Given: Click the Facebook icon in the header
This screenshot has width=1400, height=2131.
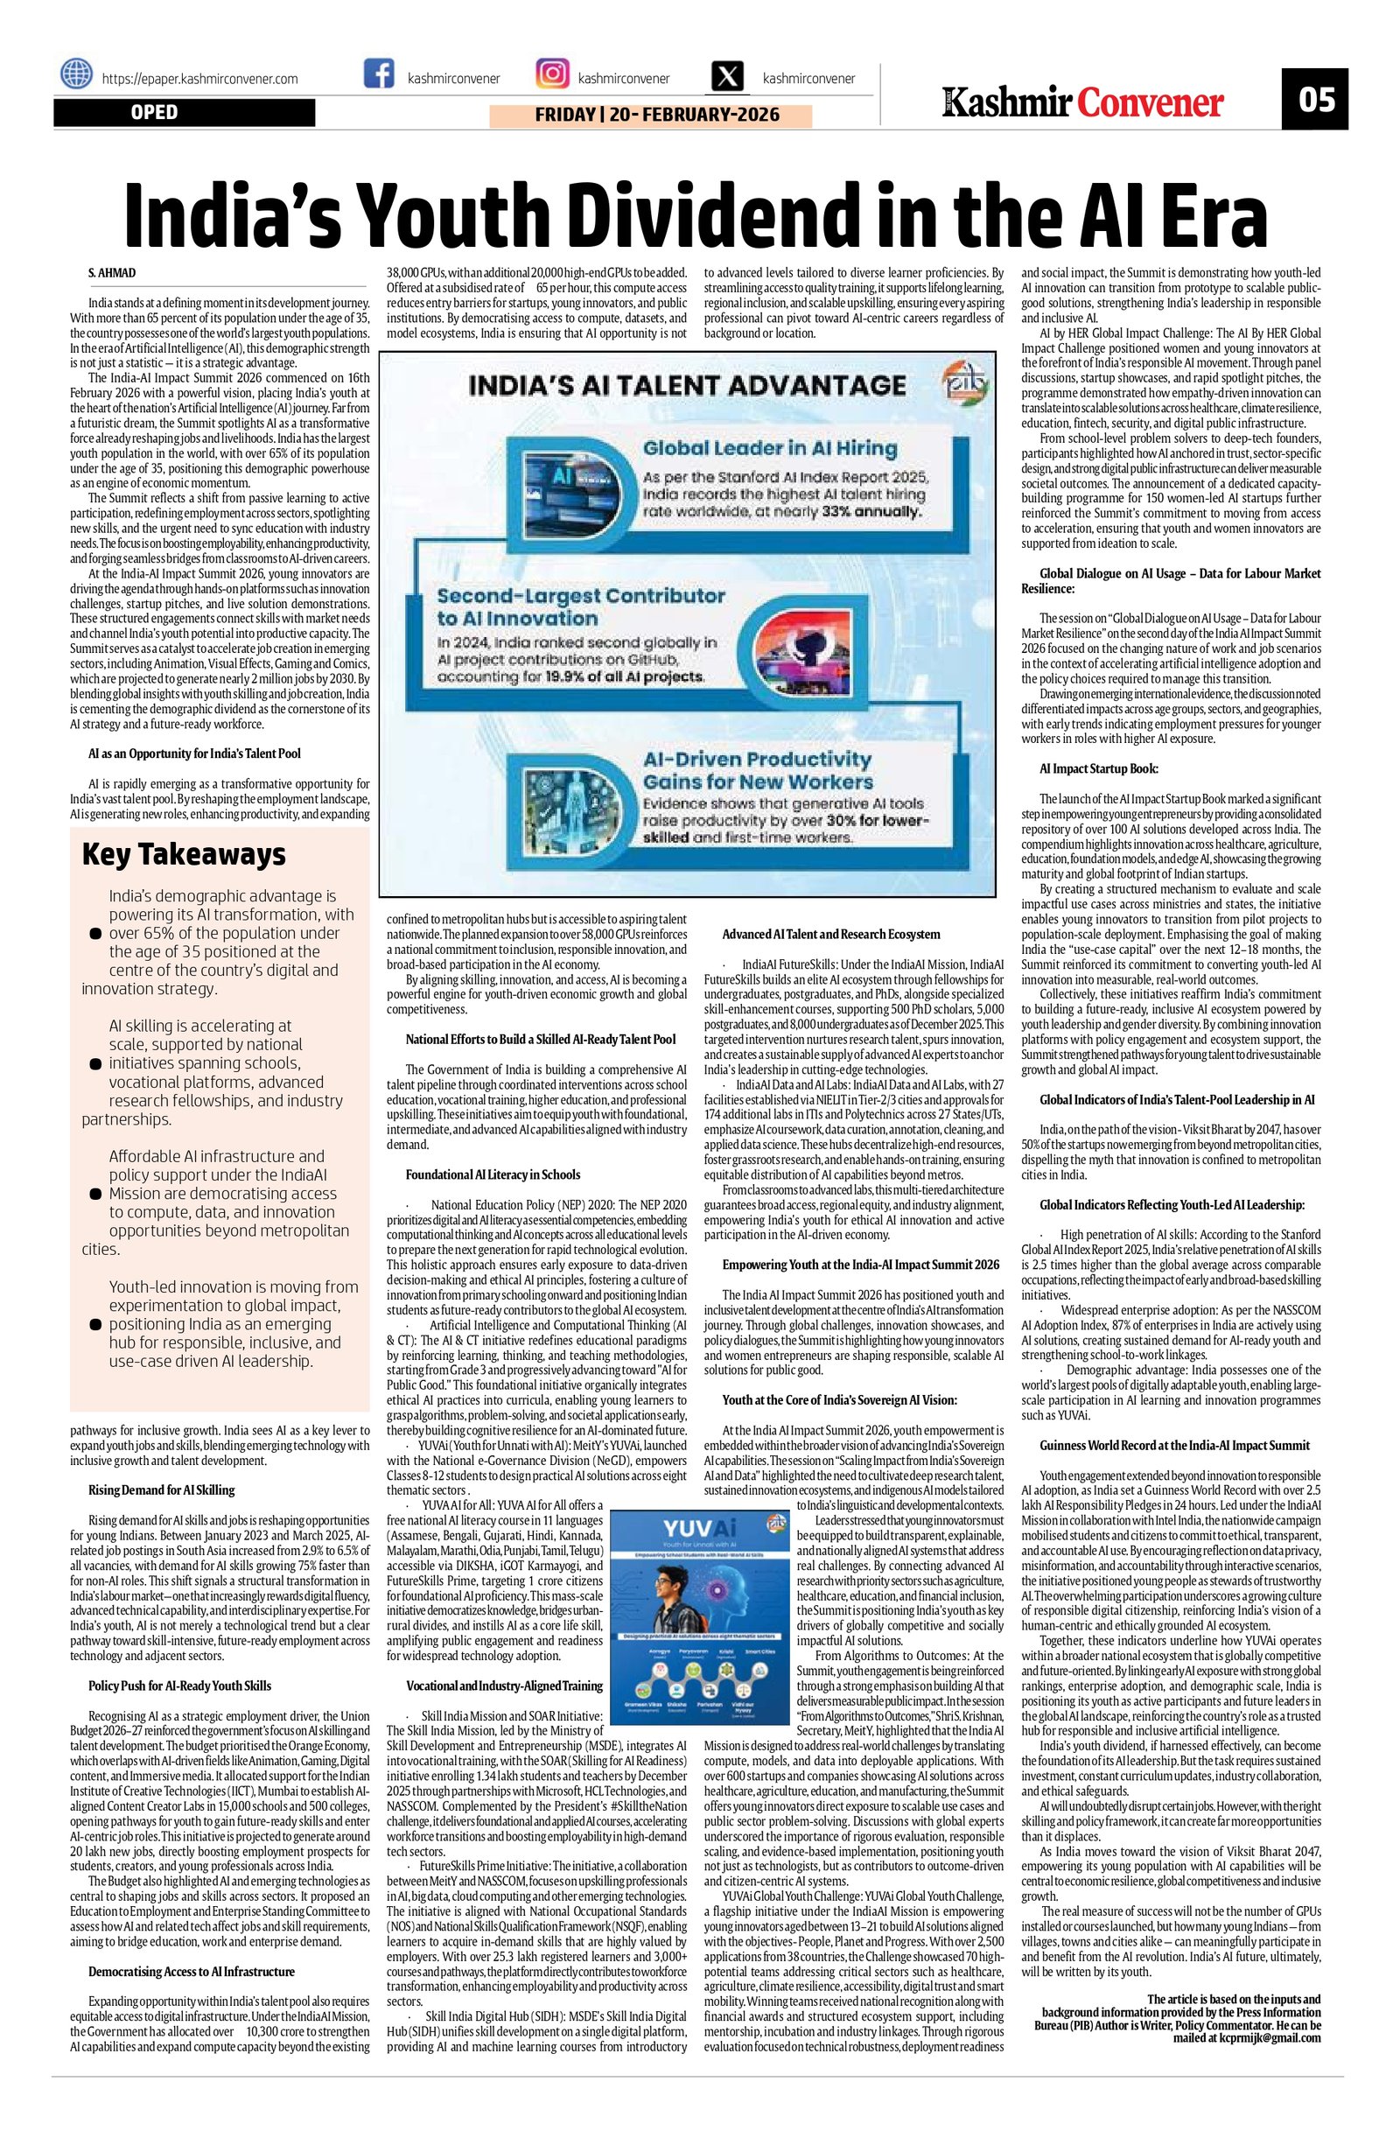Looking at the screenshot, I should point(379,74).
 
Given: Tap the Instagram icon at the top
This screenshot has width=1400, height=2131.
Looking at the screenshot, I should point(551,74).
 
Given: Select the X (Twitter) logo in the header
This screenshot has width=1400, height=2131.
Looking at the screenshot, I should point(730,75).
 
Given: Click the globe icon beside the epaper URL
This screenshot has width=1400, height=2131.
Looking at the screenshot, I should point(77,74).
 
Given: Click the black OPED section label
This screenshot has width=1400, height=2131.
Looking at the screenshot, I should point(184,113).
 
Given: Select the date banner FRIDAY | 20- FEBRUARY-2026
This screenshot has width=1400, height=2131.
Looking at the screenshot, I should point(651,115).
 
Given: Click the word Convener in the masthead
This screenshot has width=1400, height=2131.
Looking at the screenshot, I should point(1150,103).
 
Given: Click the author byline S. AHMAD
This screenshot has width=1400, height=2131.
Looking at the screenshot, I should point(112,272).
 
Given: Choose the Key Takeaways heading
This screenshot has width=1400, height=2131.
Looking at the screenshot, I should point(184,854).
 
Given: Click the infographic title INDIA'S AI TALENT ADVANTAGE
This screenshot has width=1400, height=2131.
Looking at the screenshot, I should point(688,386).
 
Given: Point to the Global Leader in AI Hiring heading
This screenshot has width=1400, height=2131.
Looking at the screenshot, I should point(769,448).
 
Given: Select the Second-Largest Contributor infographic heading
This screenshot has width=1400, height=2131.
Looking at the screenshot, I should point(581,606).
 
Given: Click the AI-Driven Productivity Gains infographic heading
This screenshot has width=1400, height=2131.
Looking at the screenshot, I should point(757,770).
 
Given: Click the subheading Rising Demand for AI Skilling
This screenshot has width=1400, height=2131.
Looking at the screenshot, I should point(161,1490).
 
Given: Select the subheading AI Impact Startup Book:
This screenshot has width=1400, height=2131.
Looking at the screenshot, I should point(1098,768).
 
